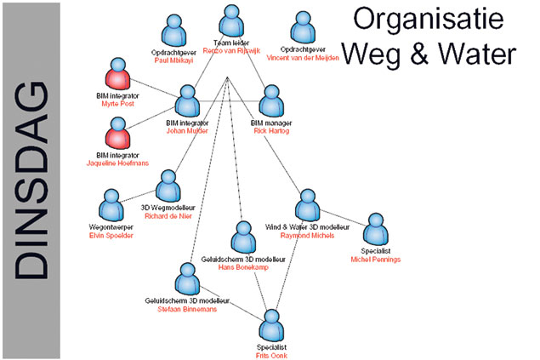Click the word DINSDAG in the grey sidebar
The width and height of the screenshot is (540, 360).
coord(30,180)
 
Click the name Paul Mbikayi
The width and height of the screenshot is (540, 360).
coord(174,61)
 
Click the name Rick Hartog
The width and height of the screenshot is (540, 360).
coord(272,131)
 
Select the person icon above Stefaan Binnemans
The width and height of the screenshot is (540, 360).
coord(187,280)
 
